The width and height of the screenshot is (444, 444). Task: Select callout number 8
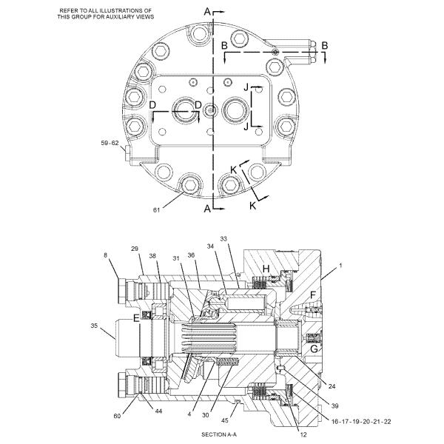106,255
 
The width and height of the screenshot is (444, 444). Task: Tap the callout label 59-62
110,144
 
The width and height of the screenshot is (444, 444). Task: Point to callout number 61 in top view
157,210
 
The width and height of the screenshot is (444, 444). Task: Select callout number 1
341,265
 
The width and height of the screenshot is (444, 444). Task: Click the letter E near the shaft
135,318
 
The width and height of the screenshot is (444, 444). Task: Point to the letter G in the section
314,348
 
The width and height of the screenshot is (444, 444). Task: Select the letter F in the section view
314,295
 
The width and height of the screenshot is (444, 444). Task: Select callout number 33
224,238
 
